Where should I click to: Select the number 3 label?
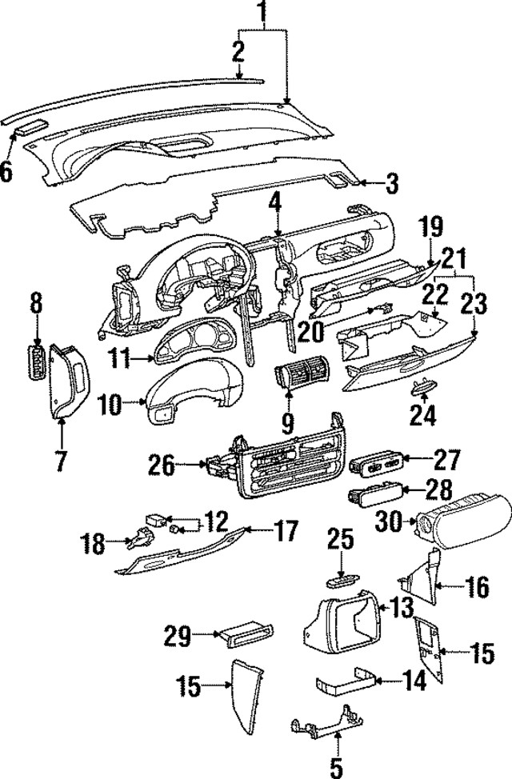390,185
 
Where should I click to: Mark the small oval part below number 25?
340,577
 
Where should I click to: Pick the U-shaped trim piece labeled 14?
344,686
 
